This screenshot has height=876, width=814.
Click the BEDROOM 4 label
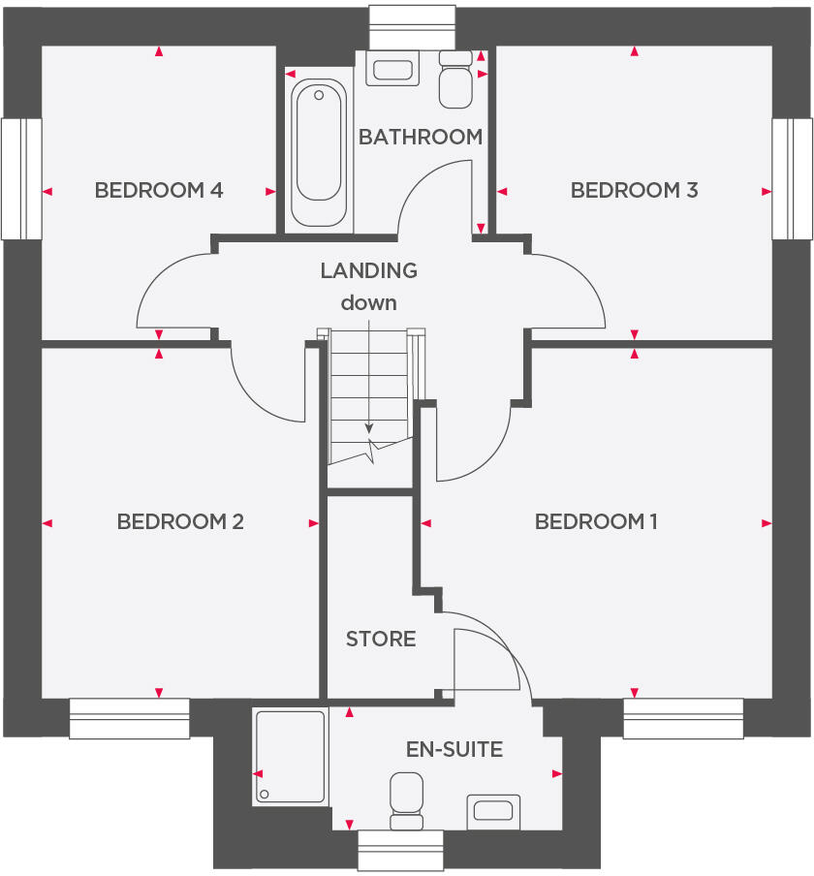pyautogui.click(x=159, y=190)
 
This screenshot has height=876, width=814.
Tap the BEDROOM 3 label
pyautogui.click(x=634, y=190)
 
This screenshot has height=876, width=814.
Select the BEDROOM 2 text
pyautogui.click(x=180, y=521)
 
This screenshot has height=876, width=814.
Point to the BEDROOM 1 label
pyautogui.click(x=596, y=521)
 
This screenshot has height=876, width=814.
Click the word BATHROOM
pyautogui.click(x=421, y=137)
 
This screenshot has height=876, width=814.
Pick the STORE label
pyautogui.click(x=381, y=639)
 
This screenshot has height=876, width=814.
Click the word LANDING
pyautogui.click(x=368, y=270)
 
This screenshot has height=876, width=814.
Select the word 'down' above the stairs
pyautogui.click(x=368, y=302)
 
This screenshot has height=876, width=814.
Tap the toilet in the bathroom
pyautogui.click(x=454, y=80)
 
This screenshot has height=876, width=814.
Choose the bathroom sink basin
pyautogui.click(x=392, y=70)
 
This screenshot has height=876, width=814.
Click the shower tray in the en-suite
pyautogui.click(x=290, y=756)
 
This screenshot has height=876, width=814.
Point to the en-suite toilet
pyautogui.click(x=406, y=800)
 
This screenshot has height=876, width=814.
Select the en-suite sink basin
pyautogui.click(x=494, y=810)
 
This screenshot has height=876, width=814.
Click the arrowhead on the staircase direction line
pyautogui.click(x=368, y=428)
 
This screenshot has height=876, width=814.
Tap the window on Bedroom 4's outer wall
pyautogui.click(x=21, y=179)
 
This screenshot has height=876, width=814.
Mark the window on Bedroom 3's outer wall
pyautogui.click(x=792, y=179)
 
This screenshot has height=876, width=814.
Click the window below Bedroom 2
pyautogui.click(x=129, y=718)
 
